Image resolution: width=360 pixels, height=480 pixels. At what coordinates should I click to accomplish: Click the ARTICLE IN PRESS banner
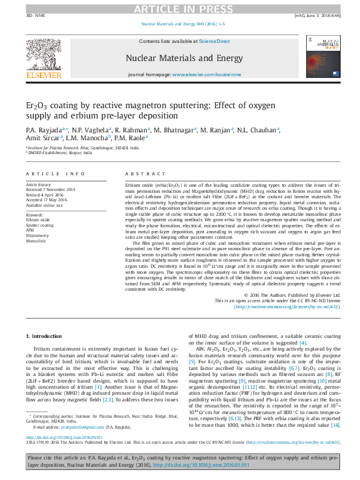pyautogui.click(x=179, y=8)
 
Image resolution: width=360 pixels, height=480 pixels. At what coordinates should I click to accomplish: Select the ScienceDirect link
pyautogui.click(x=215, y=41)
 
